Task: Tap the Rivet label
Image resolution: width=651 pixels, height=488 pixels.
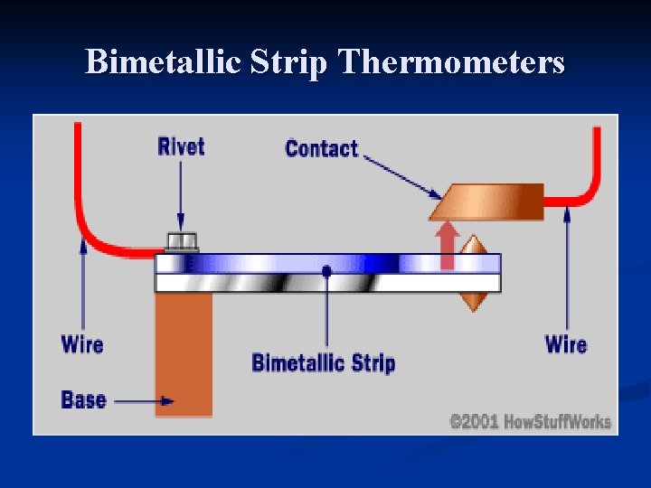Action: click(x=181, y=145)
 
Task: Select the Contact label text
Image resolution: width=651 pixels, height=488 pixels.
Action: click(x=321, y=148)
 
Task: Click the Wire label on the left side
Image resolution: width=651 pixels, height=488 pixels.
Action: click(x=82, y=344)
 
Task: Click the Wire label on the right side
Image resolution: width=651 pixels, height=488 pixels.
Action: click(x=566, y=344)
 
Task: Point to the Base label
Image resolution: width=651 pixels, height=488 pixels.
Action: click(x=83, y=399)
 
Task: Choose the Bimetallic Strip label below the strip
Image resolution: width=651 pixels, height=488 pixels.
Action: click(x=323, y=363)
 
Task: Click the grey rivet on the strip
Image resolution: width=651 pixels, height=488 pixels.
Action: click(x=181, y=241)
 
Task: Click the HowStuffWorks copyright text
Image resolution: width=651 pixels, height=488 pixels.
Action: click(x=531, y=421)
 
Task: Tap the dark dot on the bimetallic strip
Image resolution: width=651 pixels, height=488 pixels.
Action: click(x=326, y=270)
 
